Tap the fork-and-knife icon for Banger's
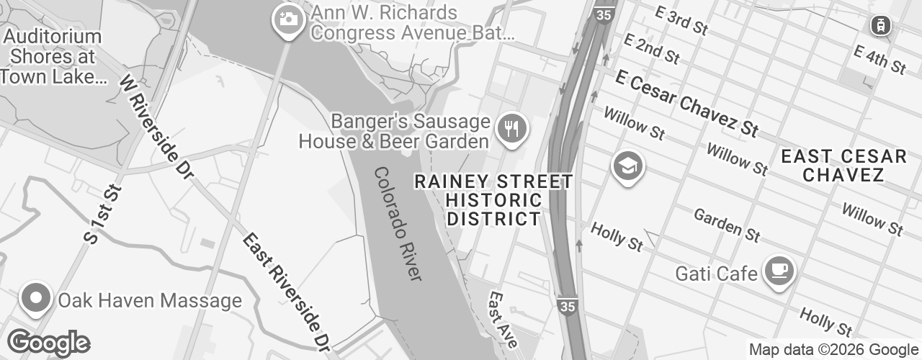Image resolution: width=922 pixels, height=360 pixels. point(512,130)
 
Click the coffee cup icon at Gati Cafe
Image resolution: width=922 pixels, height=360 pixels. point(779,271)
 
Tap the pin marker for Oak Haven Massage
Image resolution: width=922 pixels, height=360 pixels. point(34,298)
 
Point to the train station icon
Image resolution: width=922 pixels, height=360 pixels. point(880,25)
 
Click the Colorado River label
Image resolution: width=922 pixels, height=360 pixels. point(398,224)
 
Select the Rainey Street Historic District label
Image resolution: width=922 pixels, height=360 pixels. point(494,200)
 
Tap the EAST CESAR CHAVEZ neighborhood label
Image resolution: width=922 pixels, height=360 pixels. point(843,166)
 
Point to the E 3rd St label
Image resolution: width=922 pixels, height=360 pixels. point(681,21)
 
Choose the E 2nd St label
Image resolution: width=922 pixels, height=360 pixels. point(652,48)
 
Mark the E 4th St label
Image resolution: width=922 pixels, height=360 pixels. point(879,59)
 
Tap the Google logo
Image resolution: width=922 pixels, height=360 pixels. point(48,343)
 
